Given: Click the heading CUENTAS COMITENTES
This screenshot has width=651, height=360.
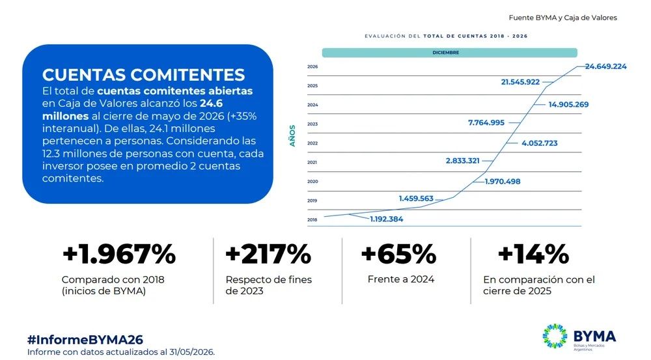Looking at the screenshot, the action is click(144, 75).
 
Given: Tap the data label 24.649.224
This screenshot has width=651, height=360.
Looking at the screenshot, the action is click(605, 66).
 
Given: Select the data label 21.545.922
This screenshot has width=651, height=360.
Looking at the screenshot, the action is click(520, 82).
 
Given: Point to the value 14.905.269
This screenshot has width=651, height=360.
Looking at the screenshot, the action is click(568, 105).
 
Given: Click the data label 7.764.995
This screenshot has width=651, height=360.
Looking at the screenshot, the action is click(486, 123).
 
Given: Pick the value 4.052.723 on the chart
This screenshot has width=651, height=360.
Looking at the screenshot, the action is click(539, 143).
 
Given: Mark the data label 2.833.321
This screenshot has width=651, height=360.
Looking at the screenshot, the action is click(462, 161).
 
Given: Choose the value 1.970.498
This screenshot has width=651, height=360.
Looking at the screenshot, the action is click(503, 182).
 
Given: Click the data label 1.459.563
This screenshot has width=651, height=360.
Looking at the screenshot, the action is click(416, 199).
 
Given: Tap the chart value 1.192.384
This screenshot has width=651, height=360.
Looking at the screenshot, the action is click(387, 219).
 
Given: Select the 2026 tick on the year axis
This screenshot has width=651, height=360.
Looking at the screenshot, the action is click(312, 67).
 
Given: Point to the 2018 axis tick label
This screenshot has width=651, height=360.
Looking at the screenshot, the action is click(312, 219).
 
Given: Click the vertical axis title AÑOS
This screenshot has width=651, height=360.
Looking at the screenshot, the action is click(292, 136).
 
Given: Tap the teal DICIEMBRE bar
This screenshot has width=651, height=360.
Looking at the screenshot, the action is click(450, 53).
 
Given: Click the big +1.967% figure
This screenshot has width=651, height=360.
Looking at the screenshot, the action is click(119, 254).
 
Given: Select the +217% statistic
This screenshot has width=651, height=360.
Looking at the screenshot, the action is click(268, 254).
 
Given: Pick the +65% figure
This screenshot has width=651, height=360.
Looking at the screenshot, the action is click(399, 254).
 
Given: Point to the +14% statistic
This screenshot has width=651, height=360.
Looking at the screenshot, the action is click(534, 254).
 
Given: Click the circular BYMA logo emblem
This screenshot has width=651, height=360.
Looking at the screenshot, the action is click(555, 336).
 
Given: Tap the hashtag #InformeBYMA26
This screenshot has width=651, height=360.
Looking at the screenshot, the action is click(85, 340).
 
